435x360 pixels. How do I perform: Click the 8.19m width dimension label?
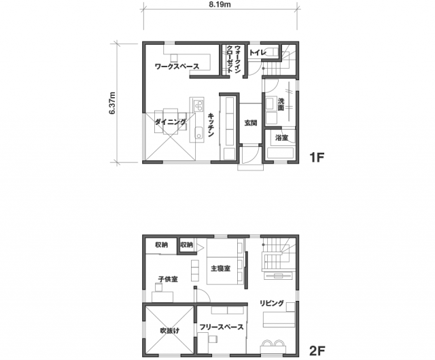click(220, 5)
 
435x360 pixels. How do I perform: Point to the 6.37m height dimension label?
click(112, 103)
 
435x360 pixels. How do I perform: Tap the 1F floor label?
click(317, 158)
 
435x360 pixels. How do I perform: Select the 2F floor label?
click(317, 350)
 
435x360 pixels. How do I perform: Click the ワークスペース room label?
click(177, 67)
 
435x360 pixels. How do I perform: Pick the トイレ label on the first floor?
click(258, 52)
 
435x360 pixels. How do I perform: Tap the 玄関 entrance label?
click(251, 123)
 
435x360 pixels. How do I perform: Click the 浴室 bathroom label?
click(281, 138)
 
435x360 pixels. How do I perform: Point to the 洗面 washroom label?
click(281, 105)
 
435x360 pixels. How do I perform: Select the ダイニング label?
click(171, 122)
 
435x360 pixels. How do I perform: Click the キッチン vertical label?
click(211, 125)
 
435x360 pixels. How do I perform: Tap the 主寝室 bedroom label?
click(220, 268)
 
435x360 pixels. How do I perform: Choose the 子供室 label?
click(168, 279)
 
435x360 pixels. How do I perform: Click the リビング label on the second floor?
click(272, 303)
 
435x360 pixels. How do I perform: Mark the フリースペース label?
click(222, 327)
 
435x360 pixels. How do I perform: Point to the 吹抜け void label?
click(169, 330)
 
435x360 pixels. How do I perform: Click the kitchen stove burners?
click(198, 105)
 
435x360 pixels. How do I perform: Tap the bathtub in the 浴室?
click(280, 154)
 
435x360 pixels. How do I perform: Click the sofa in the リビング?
click(279, 319)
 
